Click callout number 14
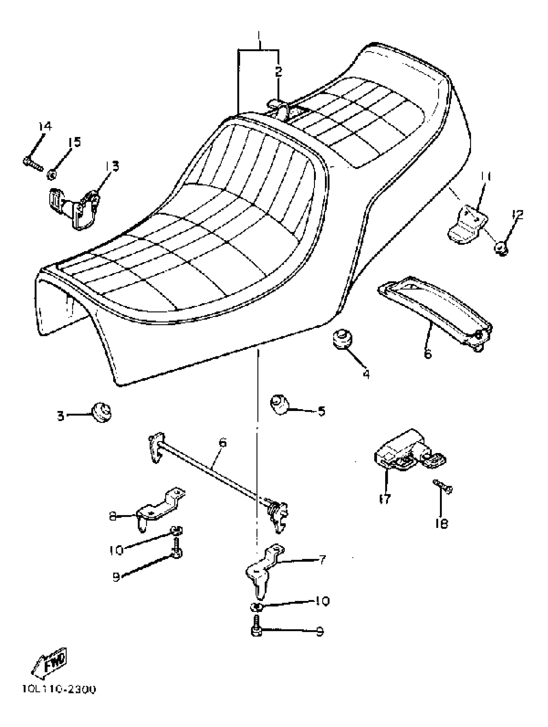pyautogui.click(x=45, y=126)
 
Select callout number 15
pyautogui.click(x=74, y=142)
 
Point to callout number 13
pyautogui.click(x=112, y=166)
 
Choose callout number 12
pyautogui.click(x=517, y=215)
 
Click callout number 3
pyautogui.click(x=61, y=416)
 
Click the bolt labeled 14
pyautogui.click(x=33, y=164)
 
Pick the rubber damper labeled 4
pyautogui.click(x=341, y=339)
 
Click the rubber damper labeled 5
pyautogui.click(x=279, y=405)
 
